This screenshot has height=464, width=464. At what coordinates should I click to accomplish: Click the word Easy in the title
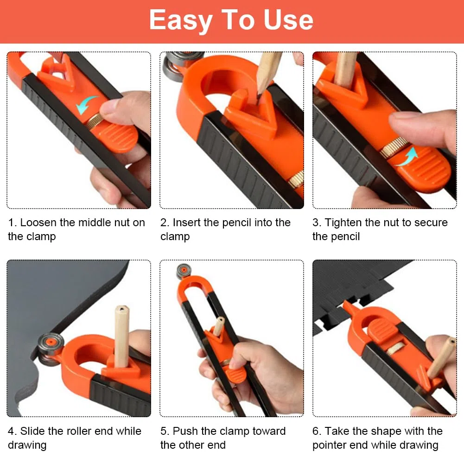(x=181, y=20)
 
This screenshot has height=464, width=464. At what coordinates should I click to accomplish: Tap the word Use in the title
(x=288, y=20)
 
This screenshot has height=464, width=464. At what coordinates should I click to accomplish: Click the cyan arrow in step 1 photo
(x=86, y=104)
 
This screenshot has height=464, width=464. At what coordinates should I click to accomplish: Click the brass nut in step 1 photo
(x=95, y=121)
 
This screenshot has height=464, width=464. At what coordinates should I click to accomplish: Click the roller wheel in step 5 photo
(x=184, y=271)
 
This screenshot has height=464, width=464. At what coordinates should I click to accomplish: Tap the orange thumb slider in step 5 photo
(x=236, y=373)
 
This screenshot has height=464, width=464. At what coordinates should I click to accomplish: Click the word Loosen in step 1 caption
(x=38, y=222)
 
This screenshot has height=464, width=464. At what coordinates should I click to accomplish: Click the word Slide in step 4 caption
(x=32, y=431)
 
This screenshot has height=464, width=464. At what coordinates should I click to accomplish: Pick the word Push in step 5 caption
(x=185, y=431)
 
